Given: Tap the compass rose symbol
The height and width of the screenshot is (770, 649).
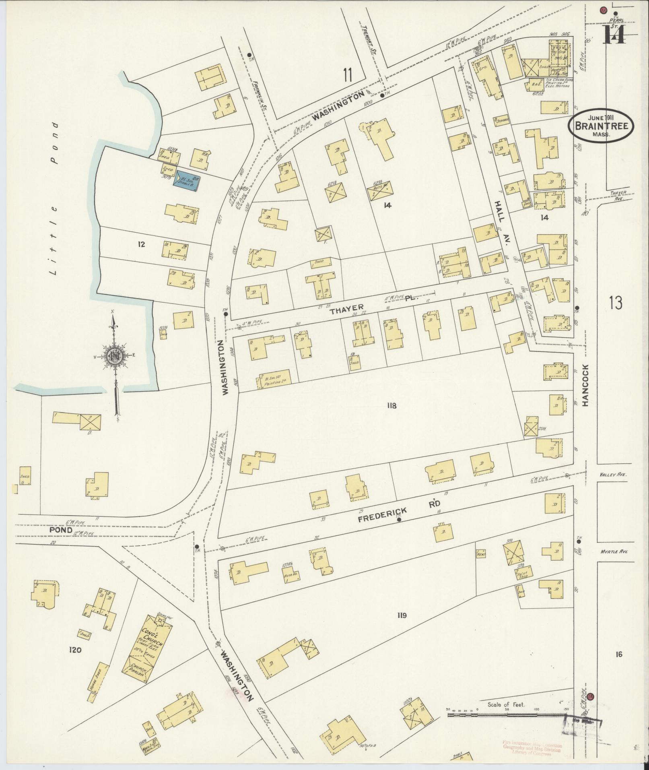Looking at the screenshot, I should pos(113,354).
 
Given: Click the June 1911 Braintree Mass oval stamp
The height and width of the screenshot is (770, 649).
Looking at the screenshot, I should pos(601,126).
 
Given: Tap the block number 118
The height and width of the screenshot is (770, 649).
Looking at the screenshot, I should pos(391,405).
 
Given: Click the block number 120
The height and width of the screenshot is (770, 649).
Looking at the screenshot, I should pos(75,650).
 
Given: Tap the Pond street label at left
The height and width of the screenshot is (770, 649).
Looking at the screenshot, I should pos(61,530).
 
